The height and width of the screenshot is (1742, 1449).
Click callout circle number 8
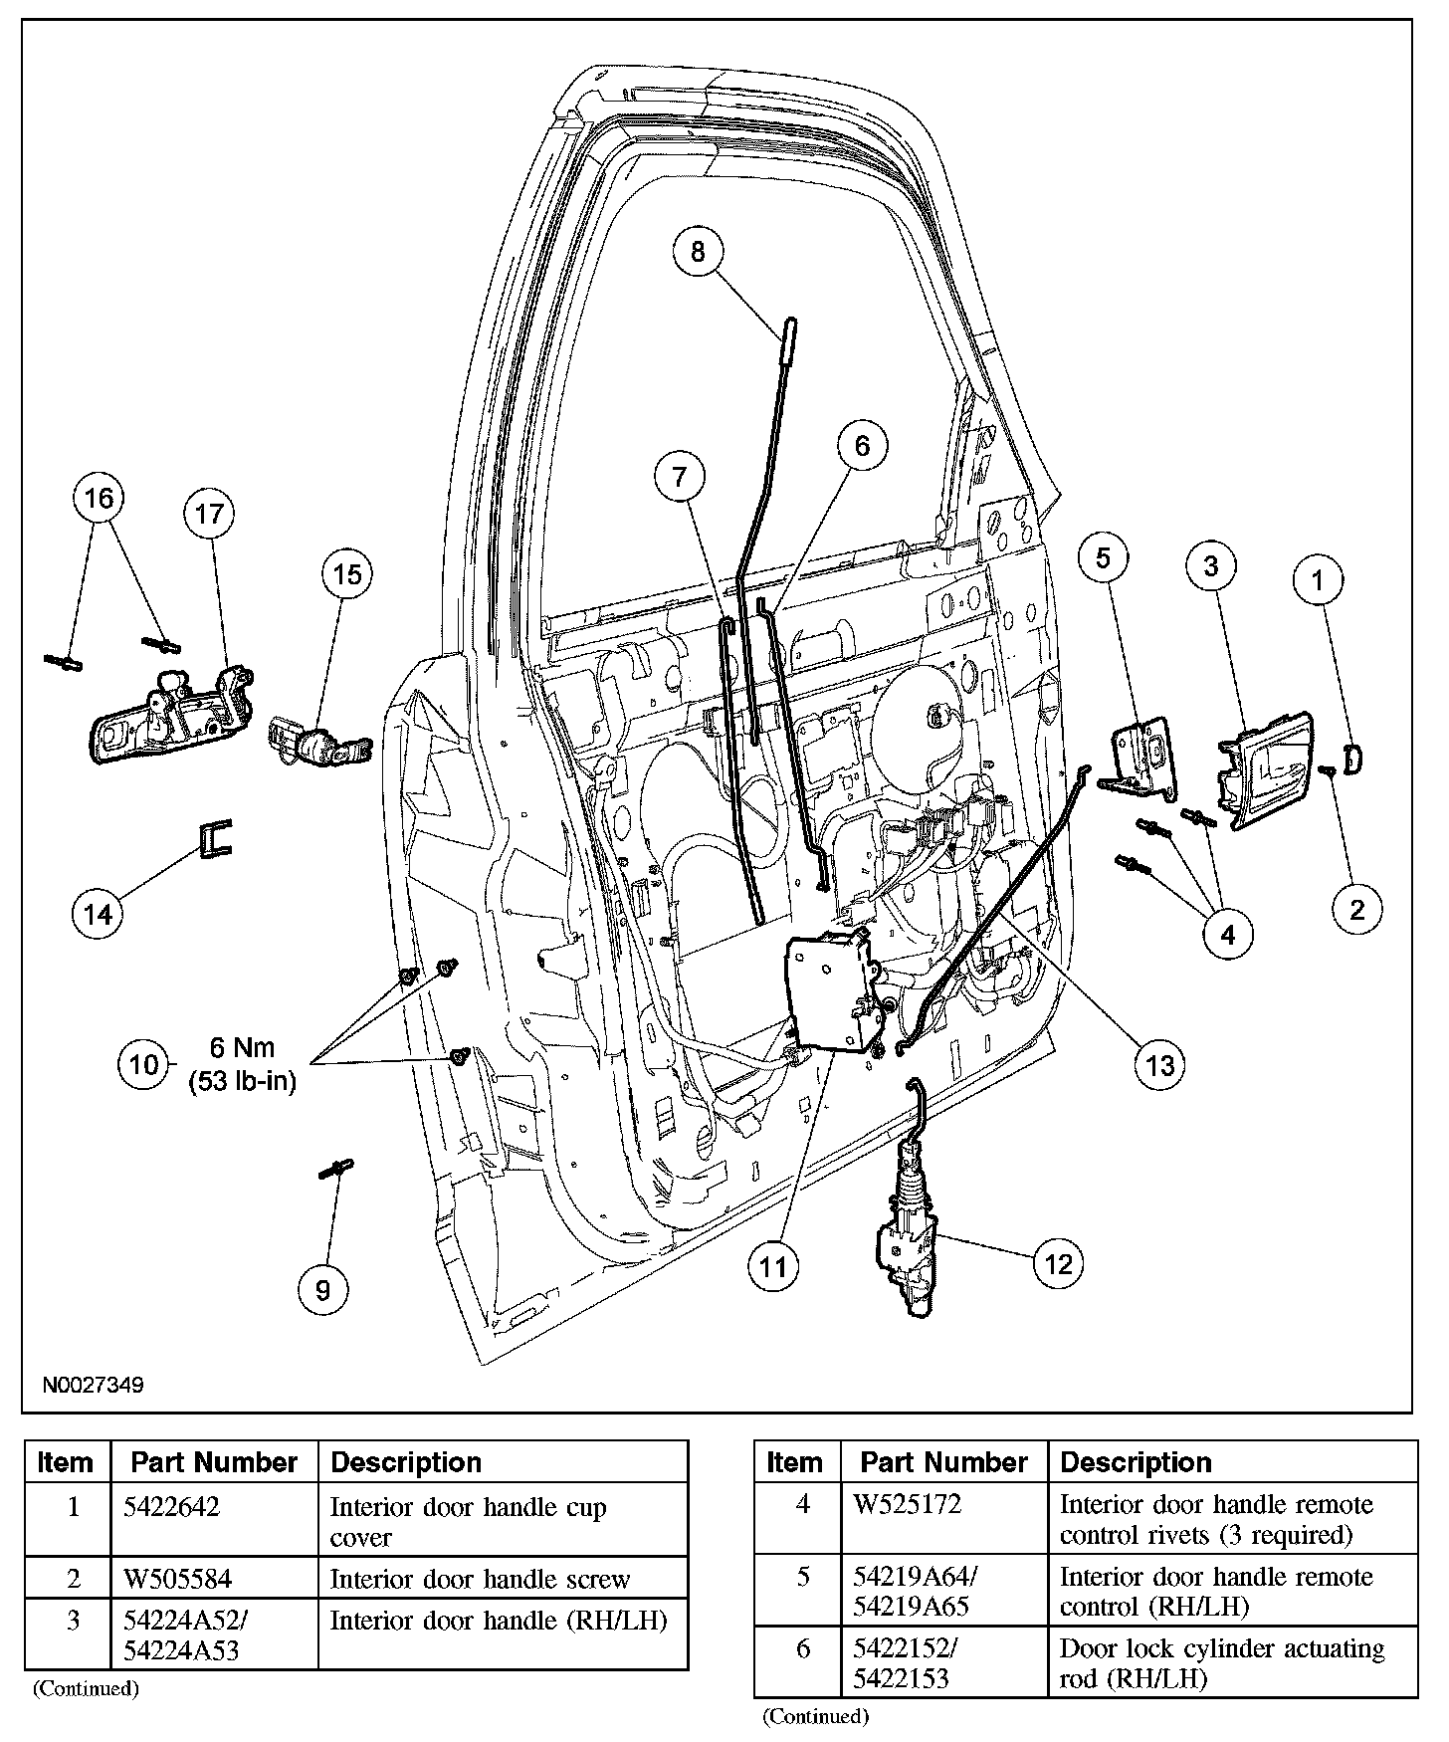click(697, 252)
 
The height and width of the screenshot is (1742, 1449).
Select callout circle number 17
click(210, 514)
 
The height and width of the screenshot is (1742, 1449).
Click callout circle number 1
click(1319, 580)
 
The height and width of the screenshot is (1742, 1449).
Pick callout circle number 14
click(99, 913)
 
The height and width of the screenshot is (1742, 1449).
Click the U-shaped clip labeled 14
click(215, 837)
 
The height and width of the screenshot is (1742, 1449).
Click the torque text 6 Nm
click(242, 1047)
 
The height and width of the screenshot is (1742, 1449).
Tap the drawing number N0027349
click(93, 1385)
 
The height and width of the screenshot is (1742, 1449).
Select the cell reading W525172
click(908, 1504)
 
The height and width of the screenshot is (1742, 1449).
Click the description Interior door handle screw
click(480, 1579)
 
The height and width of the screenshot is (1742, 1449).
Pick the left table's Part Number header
click(214, 1462)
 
